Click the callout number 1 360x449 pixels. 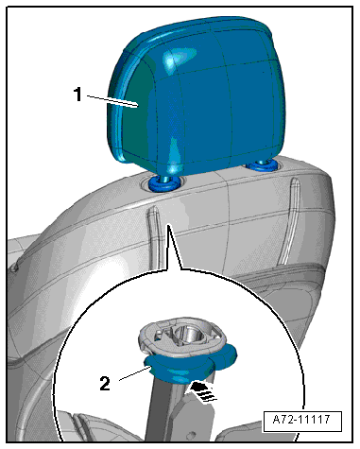(x=77, y=95)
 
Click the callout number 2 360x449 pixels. (x=105, y=384)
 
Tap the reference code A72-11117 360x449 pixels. (x=301, y=420)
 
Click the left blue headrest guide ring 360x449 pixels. (x=164, y=183)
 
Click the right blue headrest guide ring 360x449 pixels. (x=261, y=164)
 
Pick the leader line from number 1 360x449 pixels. (x=112, y=101)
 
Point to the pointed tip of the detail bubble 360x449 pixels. (x=168, y=224)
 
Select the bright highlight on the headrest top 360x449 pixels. (x=178, y=59)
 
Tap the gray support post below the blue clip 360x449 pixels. (x=163, y=409)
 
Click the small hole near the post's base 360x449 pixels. (x=190, y=435)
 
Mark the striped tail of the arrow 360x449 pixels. (x=208, y=395)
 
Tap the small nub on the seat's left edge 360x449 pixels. (x=15, y=268)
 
